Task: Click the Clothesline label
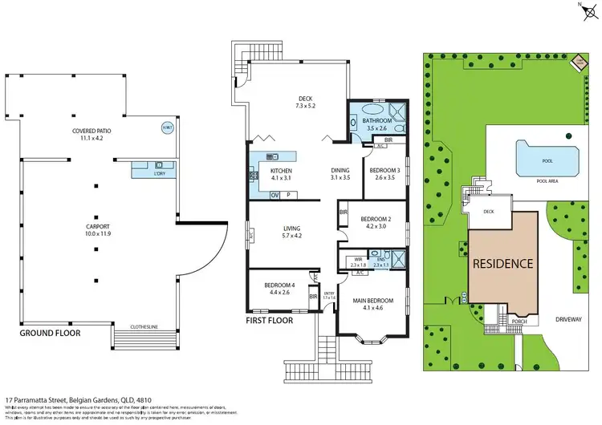coord(145,326)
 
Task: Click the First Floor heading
coord(270,320)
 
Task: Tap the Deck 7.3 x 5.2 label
coord(306,101)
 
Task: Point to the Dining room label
coord(340,174)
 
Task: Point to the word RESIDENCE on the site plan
coord(502,263)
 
